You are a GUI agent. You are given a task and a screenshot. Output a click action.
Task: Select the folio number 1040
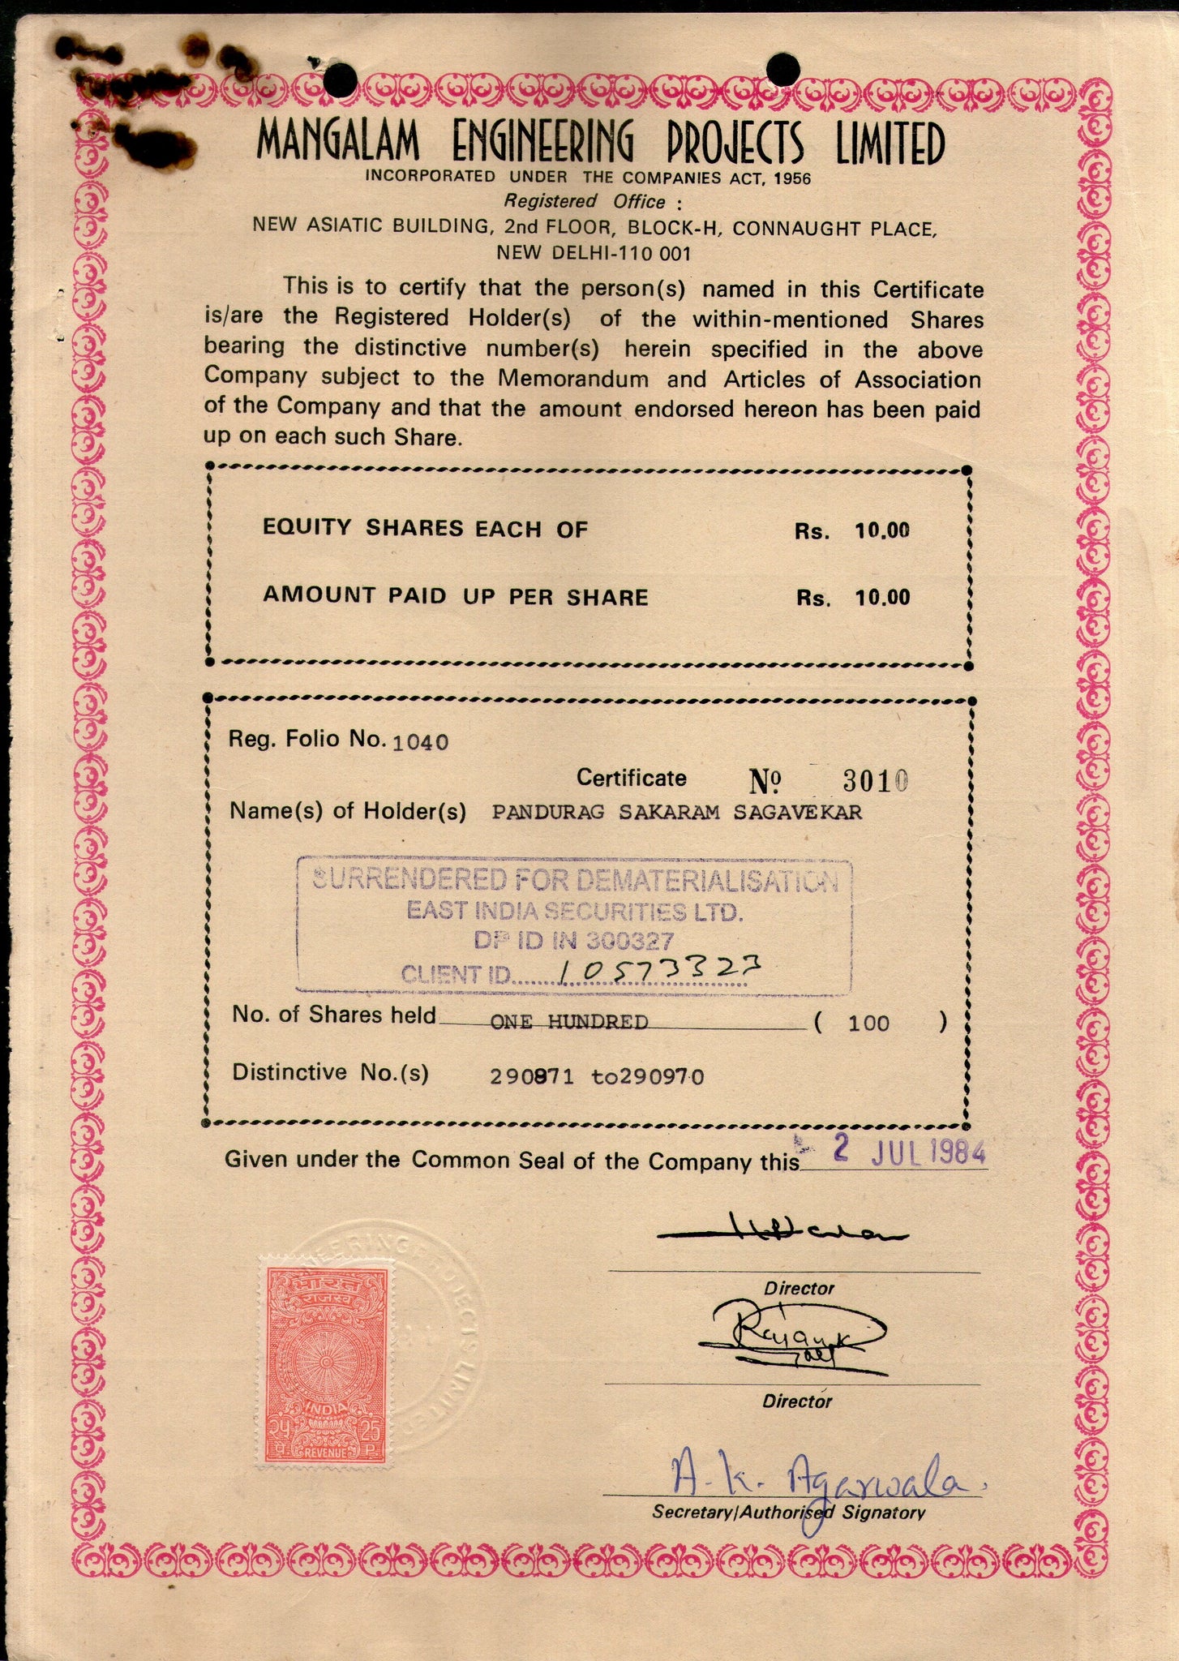tap(420, 741)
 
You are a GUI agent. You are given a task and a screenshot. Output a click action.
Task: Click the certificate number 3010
tap(875, 781)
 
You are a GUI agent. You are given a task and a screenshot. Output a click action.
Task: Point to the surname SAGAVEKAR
tap(798, 812)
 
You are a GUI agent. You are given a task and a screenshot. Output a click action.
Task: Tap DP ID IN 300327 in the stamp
tap(574, 941)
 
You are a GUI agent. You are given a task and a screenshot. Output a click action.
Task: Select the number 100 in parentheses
tap(868, 1024)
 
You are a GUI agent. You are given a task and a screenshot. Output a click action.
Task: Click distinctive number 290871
tap(532, 1077)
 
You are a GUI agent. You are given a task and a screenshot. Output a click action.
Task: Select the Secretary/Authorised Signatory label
tap(788, 1513)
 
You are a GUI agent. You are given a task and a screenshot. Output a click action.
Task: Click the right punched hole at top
tap(782, 67)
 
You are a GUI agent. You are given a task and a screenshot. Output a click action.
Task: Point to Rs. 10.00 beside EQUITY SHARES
tap(851, 531)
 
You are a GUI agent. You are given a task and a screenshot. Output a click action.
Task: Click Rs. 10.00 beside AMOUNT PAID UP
tap(851, 599)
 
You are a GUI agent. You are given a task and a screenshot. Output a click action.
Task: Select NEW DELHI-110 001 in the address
tap(594, 253)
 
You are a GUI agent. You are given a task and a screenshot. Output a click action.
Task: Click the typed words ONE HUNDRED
tap(569, 1022)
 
